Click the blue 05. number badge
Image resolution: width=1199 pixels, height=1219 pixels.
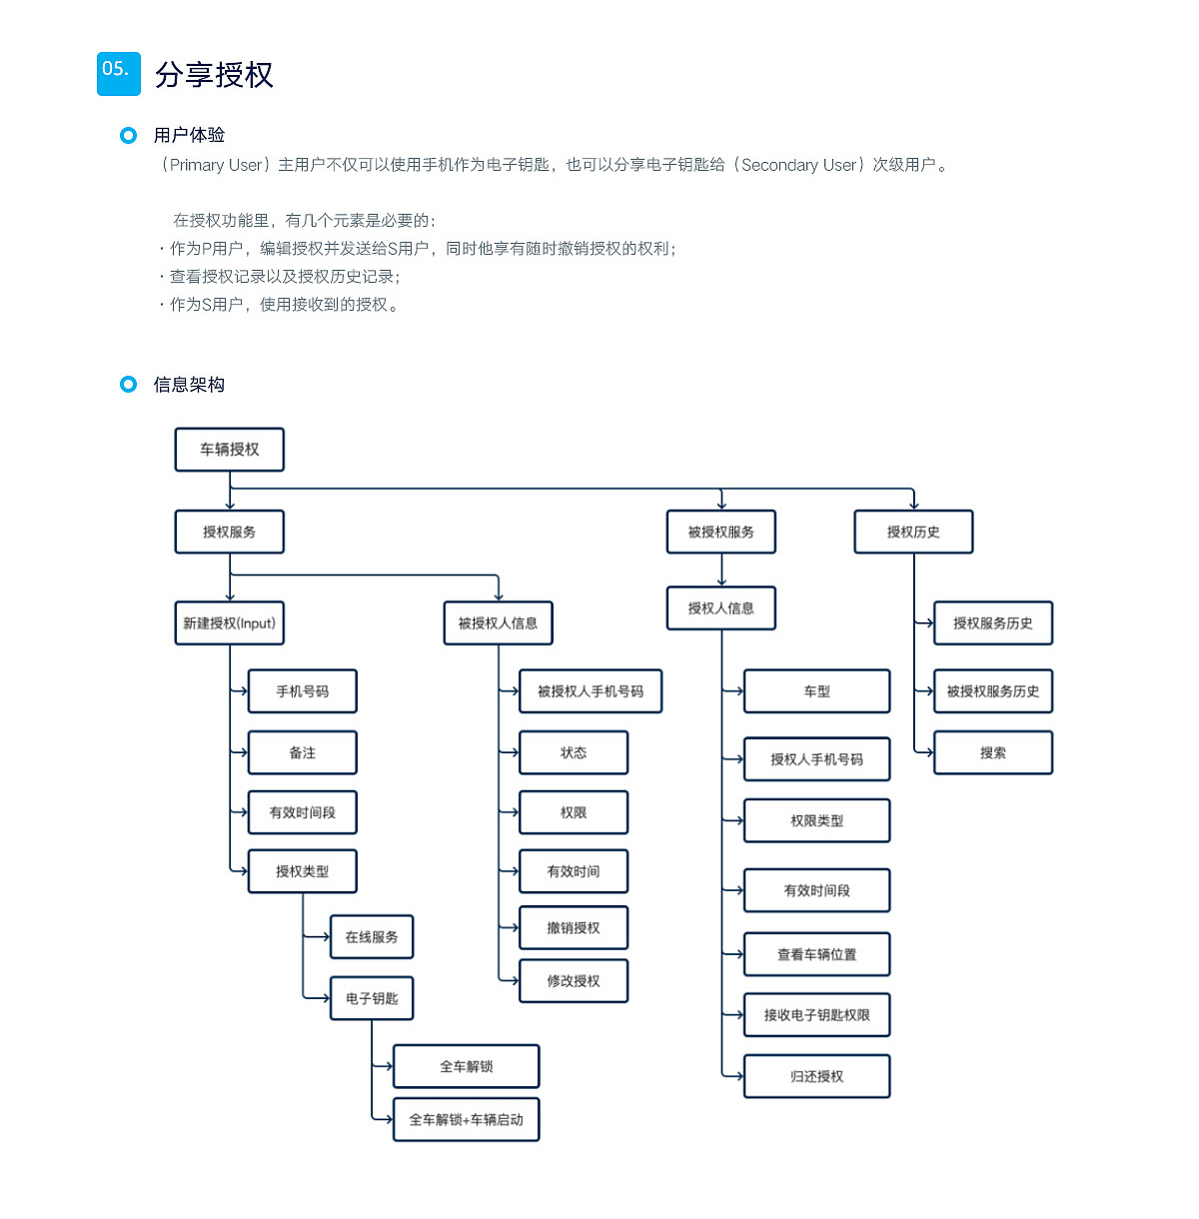click(118, 73)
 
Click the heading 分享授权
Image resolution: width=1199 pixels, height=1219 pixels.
click(214, 75)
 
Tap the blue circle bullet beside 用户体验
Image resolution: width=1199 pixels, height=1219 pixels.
click(128, 135)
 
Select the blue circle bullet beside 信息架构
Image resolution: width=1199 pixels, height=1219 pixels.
click(128, 384)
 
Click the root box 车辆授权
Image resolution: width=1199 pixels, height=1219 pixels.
click(229, 450)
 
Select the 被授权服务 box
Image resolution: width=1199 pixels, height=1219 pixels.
click(720, 532)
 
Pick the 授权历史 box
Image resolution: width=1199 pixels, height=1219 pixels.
click(913, 532)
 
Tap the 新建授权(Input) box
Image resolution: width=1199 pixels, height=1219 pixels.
click(229, 623)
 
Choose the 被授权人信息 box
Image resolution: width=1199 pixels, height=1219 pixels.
click(498, 623)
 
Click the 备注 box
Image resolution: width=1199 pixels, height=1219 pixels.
click(302, 752)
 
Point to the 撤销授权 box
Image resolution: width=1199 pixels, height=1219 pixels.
click(574, 927)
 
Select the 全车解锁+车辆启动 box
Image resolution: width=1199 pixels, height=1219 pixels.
click(466, 1119)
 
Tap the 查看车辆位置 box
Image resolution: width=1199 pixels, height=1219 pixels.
click(816, 954)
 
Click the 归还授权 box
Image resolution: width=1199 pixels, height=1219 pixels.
click(816, 1076)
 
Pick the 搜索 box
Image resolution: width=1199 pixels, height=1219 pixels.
click(992, 752)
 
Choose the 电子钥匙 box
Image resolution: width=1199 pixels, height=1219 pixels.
click(372, 998)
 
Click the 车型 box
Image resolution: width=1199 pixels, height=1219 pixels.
click(816, 691)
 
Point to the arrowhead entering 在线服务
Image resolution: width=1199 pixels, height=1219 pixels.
click(326, 937)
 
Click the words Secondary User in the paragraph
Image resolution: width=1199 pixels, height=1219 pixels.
click(798, 165)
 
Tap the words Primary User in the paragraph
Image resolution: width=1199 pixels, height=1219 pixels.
click(216, 165)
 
